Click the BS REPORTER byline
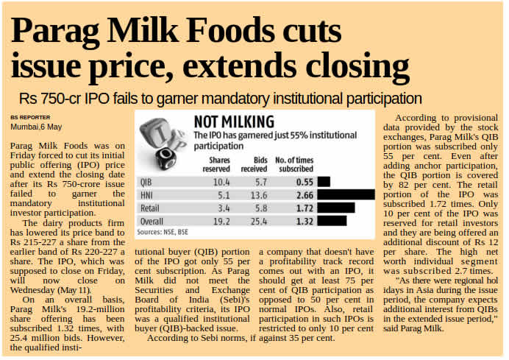coord(30,117)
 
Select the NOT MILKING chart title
coord(233,121)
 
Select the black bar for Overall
coord(332,220)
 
